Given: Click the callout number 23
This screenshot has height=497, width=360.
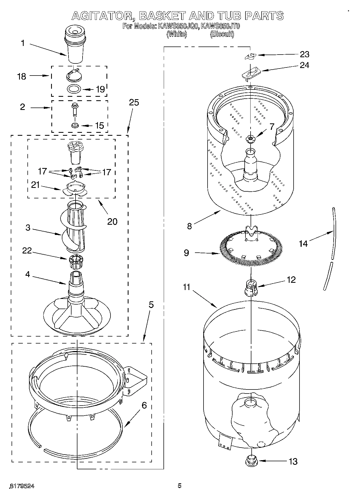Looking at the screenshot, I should coord(304,54).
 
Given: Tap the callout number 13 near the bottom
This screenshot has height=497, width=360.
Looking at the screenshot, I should coord(293,462).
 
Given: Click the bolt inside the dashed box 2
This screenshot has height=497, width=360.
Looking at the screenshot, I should coord(74,110).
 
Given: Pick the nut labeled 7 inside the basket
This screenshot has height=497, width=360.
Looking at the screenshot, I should coord(250,138).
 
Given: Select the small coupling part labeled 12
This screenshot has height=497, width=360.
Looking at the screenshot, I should coord(250,288).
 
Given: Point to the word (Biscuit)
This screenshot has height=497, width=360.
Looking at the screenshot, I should coord(222,34).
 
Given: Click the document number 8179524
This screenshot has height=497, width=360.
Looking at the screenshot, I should coord(22,486).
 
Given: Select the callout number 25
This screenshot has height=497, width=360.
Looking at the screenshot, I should coord(134,102).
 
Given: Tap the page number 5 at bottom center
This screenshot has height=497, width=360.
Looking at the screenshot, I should coord(179,485).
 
